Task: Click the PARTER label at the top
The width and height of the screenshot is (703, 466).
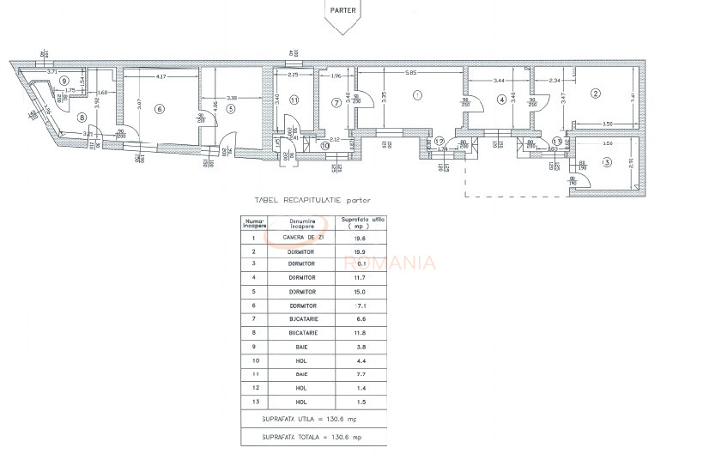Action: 342,11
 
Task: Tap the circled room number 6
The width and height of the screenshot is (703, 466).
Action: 159,109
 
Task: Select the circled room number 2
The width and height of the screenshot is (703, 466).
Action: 594,93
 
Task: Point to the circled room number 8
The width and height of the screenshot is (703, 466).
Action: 82,117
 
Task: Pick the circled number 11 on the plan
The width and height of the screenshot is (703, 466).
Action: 294,100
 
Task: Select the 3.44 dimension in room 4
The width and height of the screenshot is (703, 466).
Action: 500,80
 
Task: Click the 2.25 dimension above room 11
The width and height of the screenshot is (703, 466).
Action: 293,76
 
